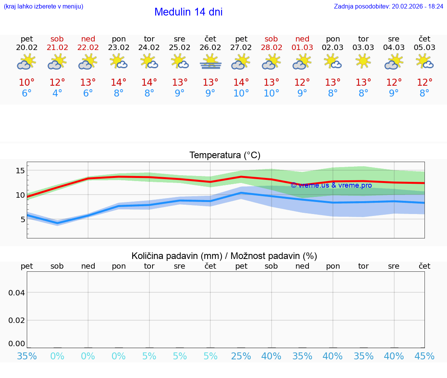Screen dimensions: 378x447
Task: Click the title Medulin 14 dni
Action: click(188, 12)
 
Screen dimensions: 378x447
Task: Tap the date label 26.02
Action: click(210, 48)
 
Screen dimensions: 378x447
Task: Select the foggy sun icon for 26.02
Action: click(210, 62)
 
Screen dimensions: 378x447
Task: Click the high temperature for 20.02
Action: click(27, 82)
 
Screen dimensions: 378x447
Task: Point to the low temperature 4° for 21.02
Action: click(57, 93)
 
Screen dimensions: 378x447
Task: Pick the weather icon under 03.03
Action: click(363, 62)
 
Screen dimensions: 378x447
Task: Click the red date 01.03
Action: click(302, 48)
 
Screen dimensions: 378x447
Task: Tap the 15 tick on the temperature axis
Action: click(20, 171)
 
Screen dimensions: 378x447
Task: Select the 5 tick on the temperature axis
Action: click(23, 219)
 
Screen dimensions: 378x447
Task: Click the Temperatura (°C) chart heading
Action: click(225, 155)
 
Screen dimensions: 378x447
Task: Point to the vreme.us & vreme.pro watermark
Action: click(331, 185)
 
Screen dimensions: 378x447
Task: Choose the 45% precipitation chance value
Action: click(424, 356)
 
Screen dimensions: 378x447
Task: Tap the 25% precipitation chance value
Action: click(241, 356)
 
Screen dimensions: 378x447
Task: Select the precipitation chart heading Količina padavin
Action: click(224, 256)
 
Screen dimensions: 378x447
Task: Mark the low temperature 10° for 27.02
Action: click(241, 93)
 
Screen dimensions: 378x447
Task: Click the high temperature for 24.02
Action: click(149, 82)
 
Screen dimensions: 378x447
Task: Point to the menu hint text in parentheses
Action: click(43, 7)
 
